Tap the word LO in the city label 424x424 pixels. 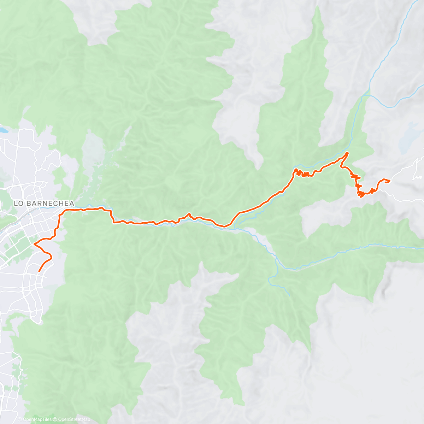pos(18,204)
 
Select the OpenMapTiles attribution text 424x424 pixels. pos(37,419)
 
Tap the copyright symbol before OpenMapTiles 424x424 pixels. pos(20,419)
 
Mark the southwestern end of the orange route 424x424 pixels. pos(39,271)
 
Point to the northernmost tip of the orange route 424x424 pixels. pos(347,153)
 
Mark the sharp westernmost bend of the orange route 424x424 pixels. pos(34,244)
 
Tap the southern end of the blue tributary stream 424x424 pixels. pos(289,295)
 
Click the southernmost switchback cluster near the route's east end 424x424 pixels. pos(361,194)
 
